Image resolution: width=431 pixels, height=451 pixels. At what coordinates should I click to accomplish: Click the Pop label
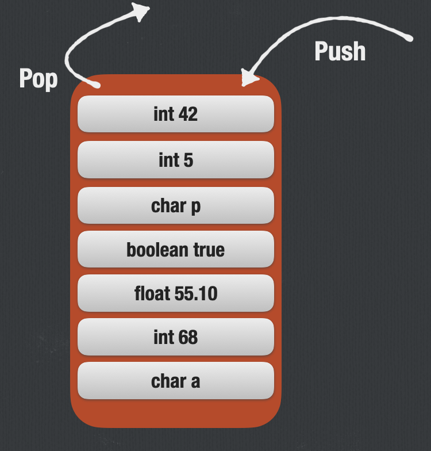(39, 78)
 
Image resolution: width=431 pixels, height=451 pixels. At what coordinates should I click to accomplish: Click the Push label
(340, 51)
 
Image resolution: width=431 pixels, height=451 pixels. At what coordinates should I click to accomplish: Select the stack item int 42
(175, 114)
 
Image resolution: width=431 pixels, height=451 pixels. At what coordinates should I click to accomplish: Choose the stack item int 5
(175, 160)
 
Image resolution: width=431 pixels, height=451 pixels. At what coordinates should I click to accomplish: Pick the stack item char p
(175, 205)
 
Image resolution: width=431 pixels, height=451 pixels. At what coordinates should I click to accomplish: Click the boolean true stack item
(175, 250)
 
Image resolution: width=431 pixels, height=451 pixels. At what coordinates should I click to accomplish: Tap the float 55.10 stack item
(175, 293)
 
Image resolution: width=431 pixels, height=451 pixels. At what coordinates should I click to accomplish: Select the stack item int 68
(175, 337)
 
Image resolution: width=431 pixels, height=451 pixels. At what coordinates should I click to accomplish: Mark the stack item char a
(175, 381)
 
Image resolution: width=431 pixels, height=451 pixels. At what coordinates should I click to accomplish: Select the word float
(152, 293)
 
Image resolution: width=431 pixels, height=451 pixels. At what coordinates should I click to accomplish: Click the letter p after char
(195, 207)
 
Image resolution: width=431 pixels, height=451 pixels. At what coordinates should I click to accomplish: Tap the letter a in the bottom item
(195, 381)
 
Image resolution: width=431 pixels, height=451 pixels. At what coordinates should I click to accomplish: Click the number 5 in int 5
(188, 160)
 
